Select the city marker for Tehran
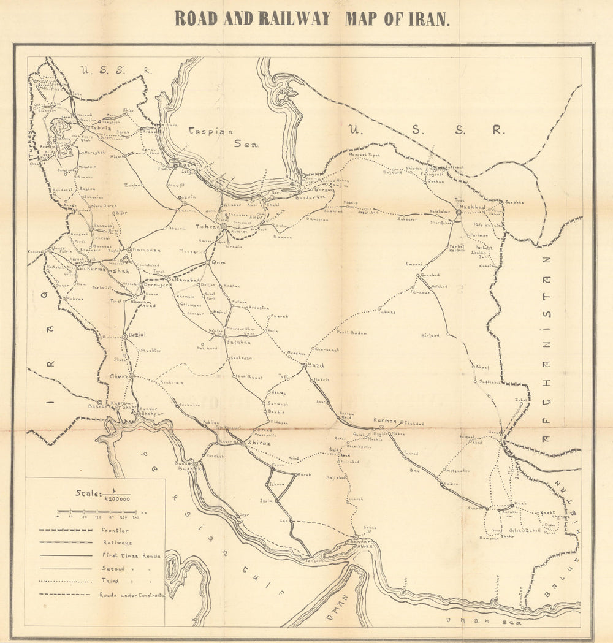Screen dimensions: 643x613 tap(224, 226)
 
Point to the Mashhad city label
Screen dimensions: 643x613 tap(473, 207)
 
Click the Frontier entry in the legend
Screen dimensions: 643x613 tap(115, 530)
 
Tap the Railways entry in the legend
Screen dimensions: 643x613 tap(116, 542)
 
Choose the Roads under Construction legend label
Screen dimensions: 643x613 tap(132, 594)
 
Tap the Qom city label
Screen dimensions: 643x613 tap(218, 262)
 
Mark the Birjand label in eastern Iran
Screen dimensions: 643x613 tap(431, 335)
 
